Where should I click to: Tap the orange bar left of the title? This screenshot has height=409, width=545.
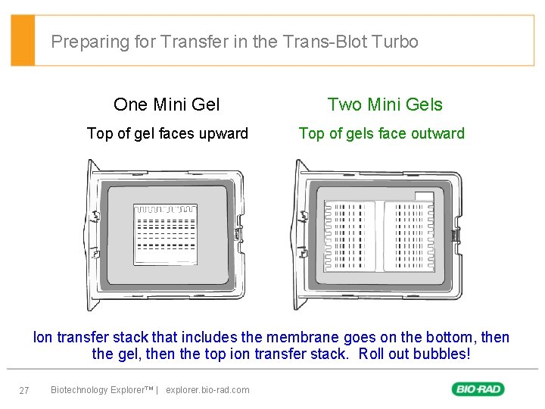point(23,40)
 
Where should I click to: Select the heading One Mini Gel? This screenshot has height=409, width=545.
point(167,105)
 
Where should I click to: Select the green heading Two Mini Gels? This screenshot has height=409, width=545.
point(385,105)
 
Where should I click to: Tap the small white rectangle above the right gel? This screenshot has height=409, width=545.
point(424,196)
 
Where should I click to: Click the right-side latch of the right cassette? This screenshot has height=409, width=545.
point(456,236)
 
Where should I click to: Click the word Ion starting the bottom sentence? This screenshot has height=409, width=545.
point(42,337)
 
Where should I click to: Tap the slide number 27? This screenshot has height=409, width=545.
point(24,390)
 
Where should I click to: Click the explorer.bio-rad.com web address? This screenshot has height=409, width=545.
point(207,390)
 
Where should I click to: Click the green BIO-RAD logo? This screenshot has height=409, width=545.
point(478,389)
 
